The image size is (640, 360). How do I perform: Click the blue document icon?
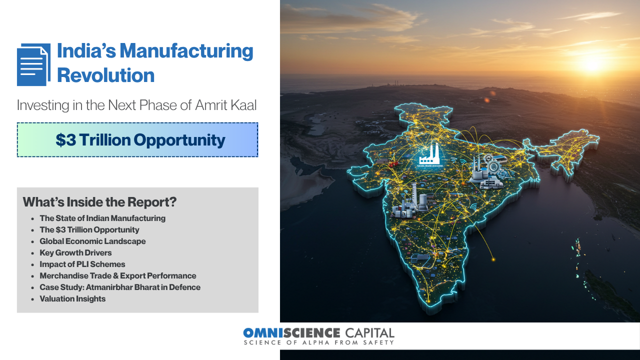[33, 64]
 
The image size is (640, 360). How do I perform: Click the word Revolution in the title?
[105, 75]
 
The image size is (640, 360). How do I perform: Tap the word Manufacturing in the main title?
[186, 51]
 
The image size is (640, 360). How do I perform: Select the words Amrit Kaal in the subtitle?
[225, 105]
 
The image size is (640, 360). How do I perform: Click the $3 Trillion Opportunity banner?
[137, 139]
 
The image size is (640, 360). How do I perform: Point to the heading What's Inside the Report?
[99, 202]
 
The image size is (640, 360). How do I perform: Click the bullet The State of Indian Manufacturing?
[102, 218]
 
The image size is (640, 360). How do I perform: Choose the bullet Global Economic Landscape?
[92, 241]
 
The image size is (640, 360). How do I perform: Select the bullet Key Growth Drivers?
[75, 253]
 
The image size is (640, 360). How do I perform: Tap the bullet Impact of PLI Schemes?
[82, 264]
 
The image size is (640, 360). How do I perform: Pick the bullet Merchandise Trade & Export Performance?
[118, 275]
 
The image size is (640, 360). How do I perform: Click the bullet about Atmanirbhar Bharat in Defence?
[120, 287]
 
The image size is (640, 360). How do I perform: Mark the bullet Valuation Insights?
[72, 299]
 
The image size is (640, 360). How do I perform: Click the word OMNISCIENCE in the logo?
[291, 333]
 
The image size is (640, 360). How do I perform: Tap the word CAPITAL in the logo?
[369, 333]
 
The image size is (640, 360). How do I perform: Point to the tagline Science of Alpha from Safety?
[319, 342]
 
